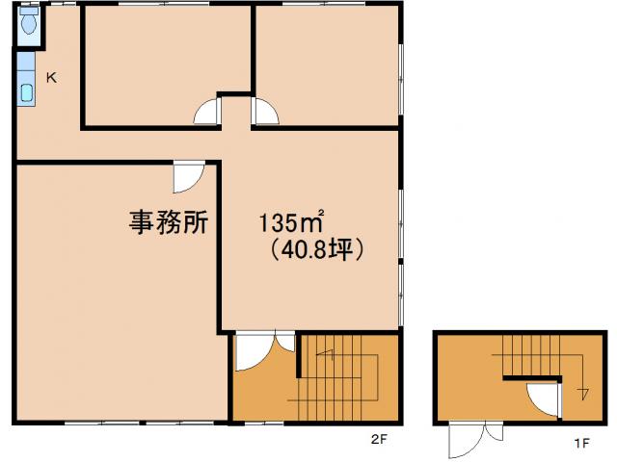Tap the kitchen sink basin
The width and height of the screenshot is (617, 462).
(26, 94)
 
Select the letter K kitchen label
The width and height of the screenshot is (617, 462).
(51, 79)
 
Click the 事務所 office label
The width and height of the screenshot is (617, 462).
(170, 221)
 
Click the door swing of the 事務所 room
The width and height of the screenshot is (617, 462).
(188, 177)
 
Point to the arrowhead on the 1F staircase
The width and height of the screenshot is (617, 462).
(582, 393)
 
